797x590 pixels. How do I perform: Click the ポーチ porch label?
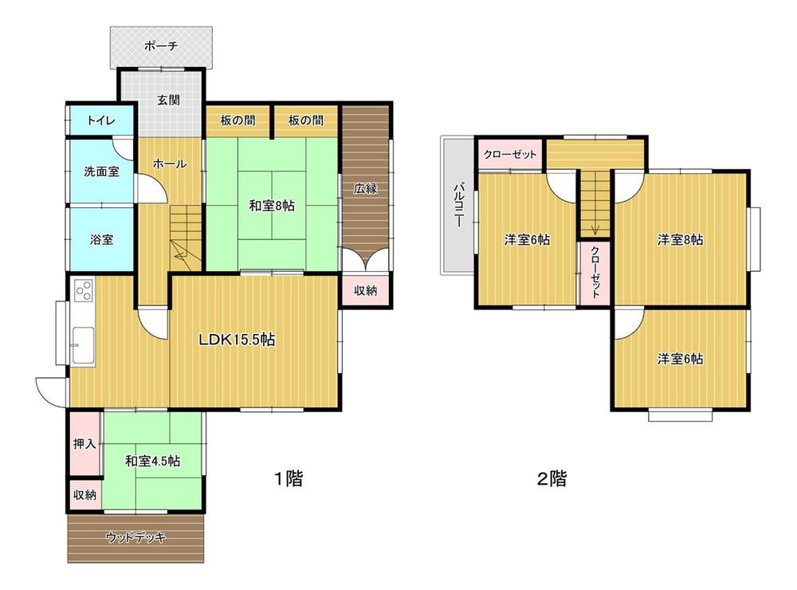click(161, 46)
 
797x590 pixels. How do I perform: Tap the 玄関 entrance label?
click(167, 100)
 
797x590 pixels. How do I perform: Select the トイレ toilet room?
click(101, 120)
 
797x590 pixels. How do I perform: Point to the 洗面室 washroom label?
click(102, 172)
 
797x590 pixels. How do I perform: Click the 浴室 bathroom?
click(101, 239)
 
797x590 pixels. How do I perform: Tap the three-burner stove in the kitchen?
click(84, 290)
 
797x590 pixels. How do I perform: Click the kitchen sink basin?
click(84, 345)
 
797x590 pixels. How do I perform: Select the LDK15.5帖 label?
click(237, 340)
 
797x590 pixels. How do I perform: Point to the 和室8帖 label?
click(272, 206)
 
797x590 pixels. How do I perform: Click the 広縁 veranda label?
click(366, 188)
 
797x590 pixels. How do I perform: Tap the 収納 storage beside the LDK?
click(366, 290)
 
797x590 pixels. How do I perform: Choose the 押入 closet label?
click(84, 444)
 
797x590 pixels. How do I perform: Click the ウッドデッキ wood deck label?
click(135, 537)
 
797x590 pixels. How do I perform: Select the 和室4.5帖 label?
click(152, 462)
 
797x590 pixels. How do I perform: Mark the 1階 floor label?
click(289, 478)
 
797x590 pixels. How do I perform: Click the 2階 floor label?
click(552, 478)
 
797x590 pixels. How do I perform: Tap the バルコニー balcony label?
click(457, 206)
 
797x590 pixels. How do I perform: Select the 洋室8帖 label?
click(681, 239)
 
